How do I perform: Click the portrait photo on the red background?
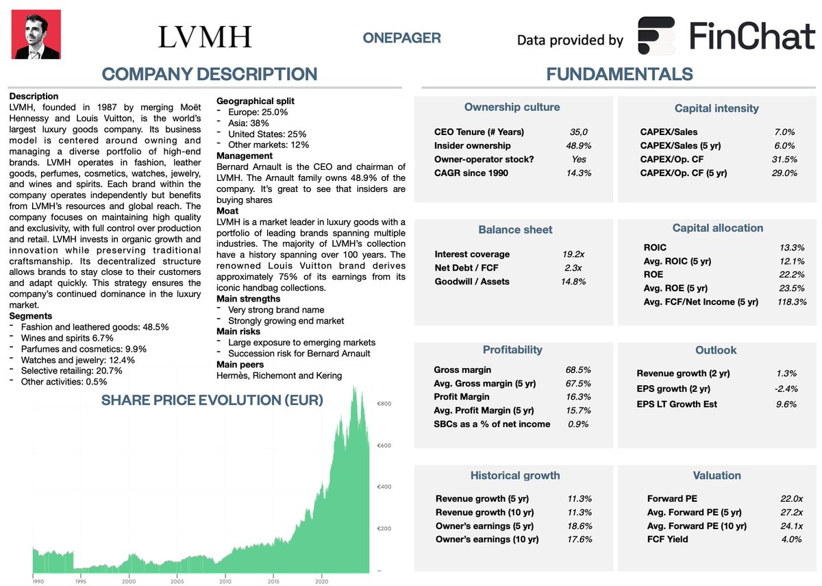(36, 34)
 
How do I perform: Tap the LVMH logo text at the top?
(205, 37)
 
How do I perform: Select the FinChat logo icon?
(657, 36)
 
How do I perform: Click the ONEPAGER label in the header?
(402, 38)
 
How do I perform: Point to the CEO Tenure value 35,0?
(579, 132)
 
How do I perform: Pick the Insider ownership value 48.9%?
(579, 146)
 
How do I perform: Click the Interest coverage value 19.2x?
(573, 254)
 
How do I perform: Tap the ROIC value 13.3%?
(791, 247)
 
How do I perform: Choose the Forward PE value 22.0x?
(790, 499)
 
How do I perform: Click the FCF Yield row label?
(668, 539)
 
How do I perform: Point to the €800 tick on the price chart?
(384, 404)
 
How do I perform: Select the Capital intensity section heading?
(717, 108)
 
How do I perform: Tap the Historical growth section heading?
(515, 476)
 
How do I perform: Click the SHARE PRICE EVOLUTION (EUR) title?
(212, 400)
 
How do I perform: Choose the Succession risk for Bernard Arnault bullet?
(299, 354)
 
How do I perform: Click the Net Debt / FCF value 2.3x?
(573, 268)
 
